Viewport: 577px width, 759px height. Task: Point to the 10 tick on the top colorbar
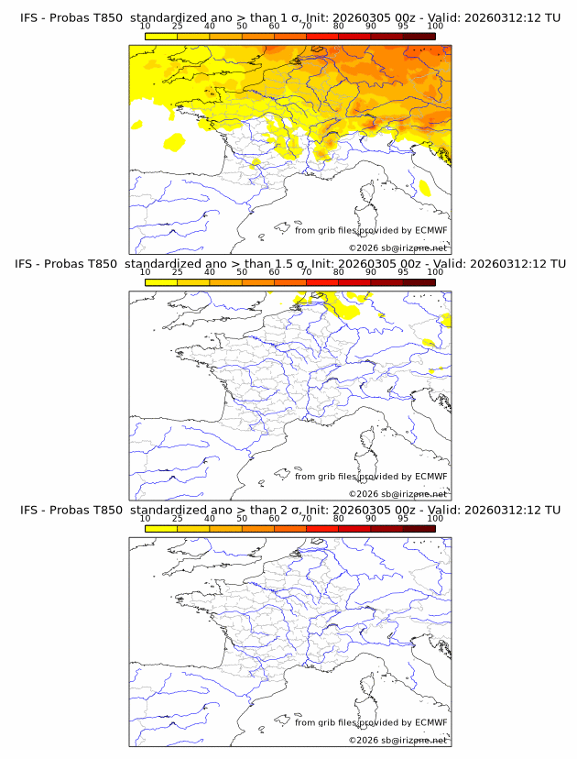coord(146,27)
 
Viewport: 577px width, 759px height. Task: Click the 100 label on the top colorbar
coord(435,27)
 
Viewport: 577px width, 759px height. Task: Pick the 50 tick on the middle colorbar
coord(242,272)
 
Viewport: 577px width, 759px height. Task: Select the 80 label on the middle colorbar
coord(339,272)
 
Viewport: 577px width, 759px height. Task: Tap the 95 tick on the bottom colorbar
coord(403,518)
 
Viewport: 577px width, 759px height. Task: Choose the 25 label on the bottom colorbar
coord(178,518)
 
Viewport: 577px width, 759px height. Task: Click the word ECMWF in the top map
coord(430,231)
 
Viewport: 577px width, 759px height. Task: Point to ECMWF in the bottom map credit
coord(430,722)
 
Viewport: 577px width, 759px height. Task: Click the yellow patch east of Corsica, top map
coord(425,188)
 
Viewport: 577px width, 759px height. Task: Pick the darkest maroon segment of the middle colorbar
coord(419,282)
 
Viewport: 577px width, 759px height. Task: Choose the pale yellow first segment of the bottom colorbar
coord(161,528)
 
